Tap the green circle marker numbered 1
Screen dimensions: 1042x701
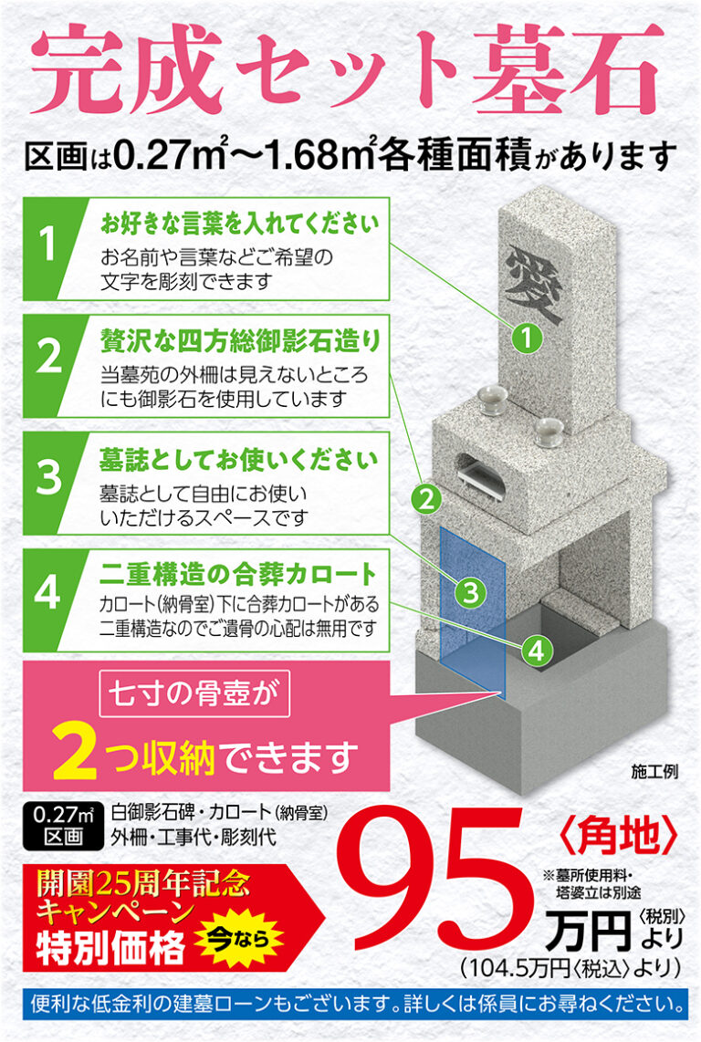pos(527,339)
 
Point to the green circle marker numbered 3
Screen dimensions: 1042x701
pos(469,592)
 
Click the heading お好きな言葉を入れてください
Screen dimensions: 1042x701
pos(239,223)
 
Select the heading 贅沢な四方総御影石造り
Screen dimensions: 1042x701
pos(239,340)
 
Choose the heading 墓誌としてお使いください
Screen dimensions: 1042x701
pos(239,456)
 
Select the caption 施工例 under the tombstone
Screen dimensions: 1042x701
pos(653,772)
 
